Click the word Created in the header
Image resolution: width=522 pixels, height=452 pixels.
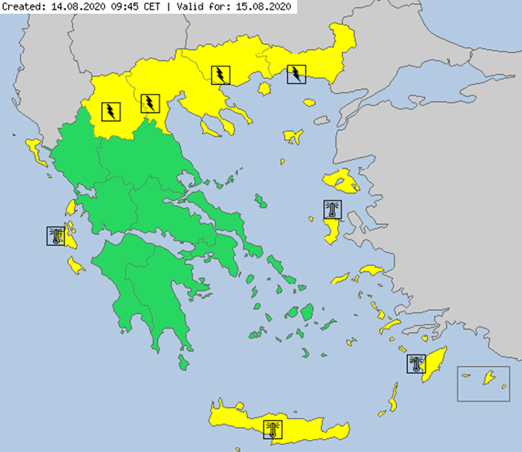(x=22, y=6)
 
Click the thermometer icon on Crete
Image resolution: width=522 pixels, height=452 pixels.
(x=273, y=429)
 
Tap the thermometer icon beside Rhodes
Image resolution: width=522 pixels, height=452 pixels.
(x=417, y=364)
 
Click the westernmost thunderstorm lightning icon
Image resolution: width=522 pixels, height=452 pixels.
(x=110, y=110)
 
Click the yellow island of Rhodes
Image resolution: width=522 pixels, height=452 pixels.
(x=438, y=365)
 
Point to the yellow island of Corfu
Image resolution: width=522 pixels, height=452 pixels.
(x=35, y=148)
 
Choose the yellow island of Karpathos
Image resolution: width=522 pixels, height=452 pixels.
(x=393, y=397)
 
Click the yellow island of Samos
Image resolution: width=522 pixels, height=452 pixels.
(x=372, y=271)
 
